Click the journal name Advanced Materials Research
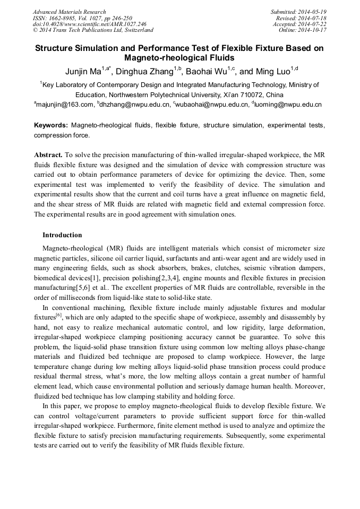click(69, 12)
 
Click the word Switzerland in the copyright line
click(136, 30)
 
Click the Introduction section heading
click(62, 235)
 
